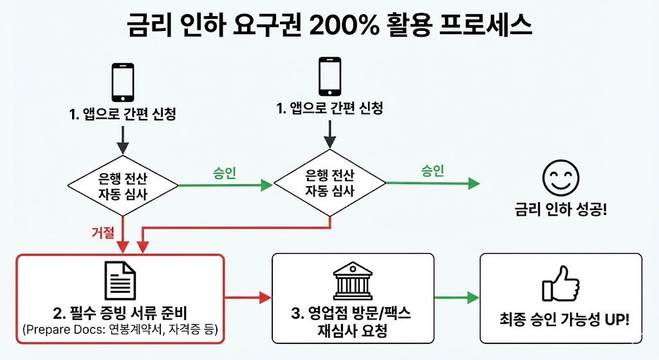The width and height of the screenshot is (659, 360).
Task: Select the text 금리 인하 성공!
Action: [x=561, y=210]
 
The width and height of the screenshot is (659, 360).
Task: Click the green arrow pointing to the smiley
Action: [x=438, y=184]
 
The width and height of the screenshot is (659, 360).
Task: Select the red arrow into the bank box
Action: [x=248, y=298]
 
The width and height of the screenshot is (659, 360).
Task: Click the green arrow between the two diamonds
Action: [x=225, y=185]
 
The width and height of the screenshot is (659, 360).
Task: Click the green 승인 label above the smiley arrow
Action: [x=432, y=170]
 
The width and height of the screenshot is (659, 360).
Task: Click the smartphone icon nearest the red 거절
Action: [x=123, y=82]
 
